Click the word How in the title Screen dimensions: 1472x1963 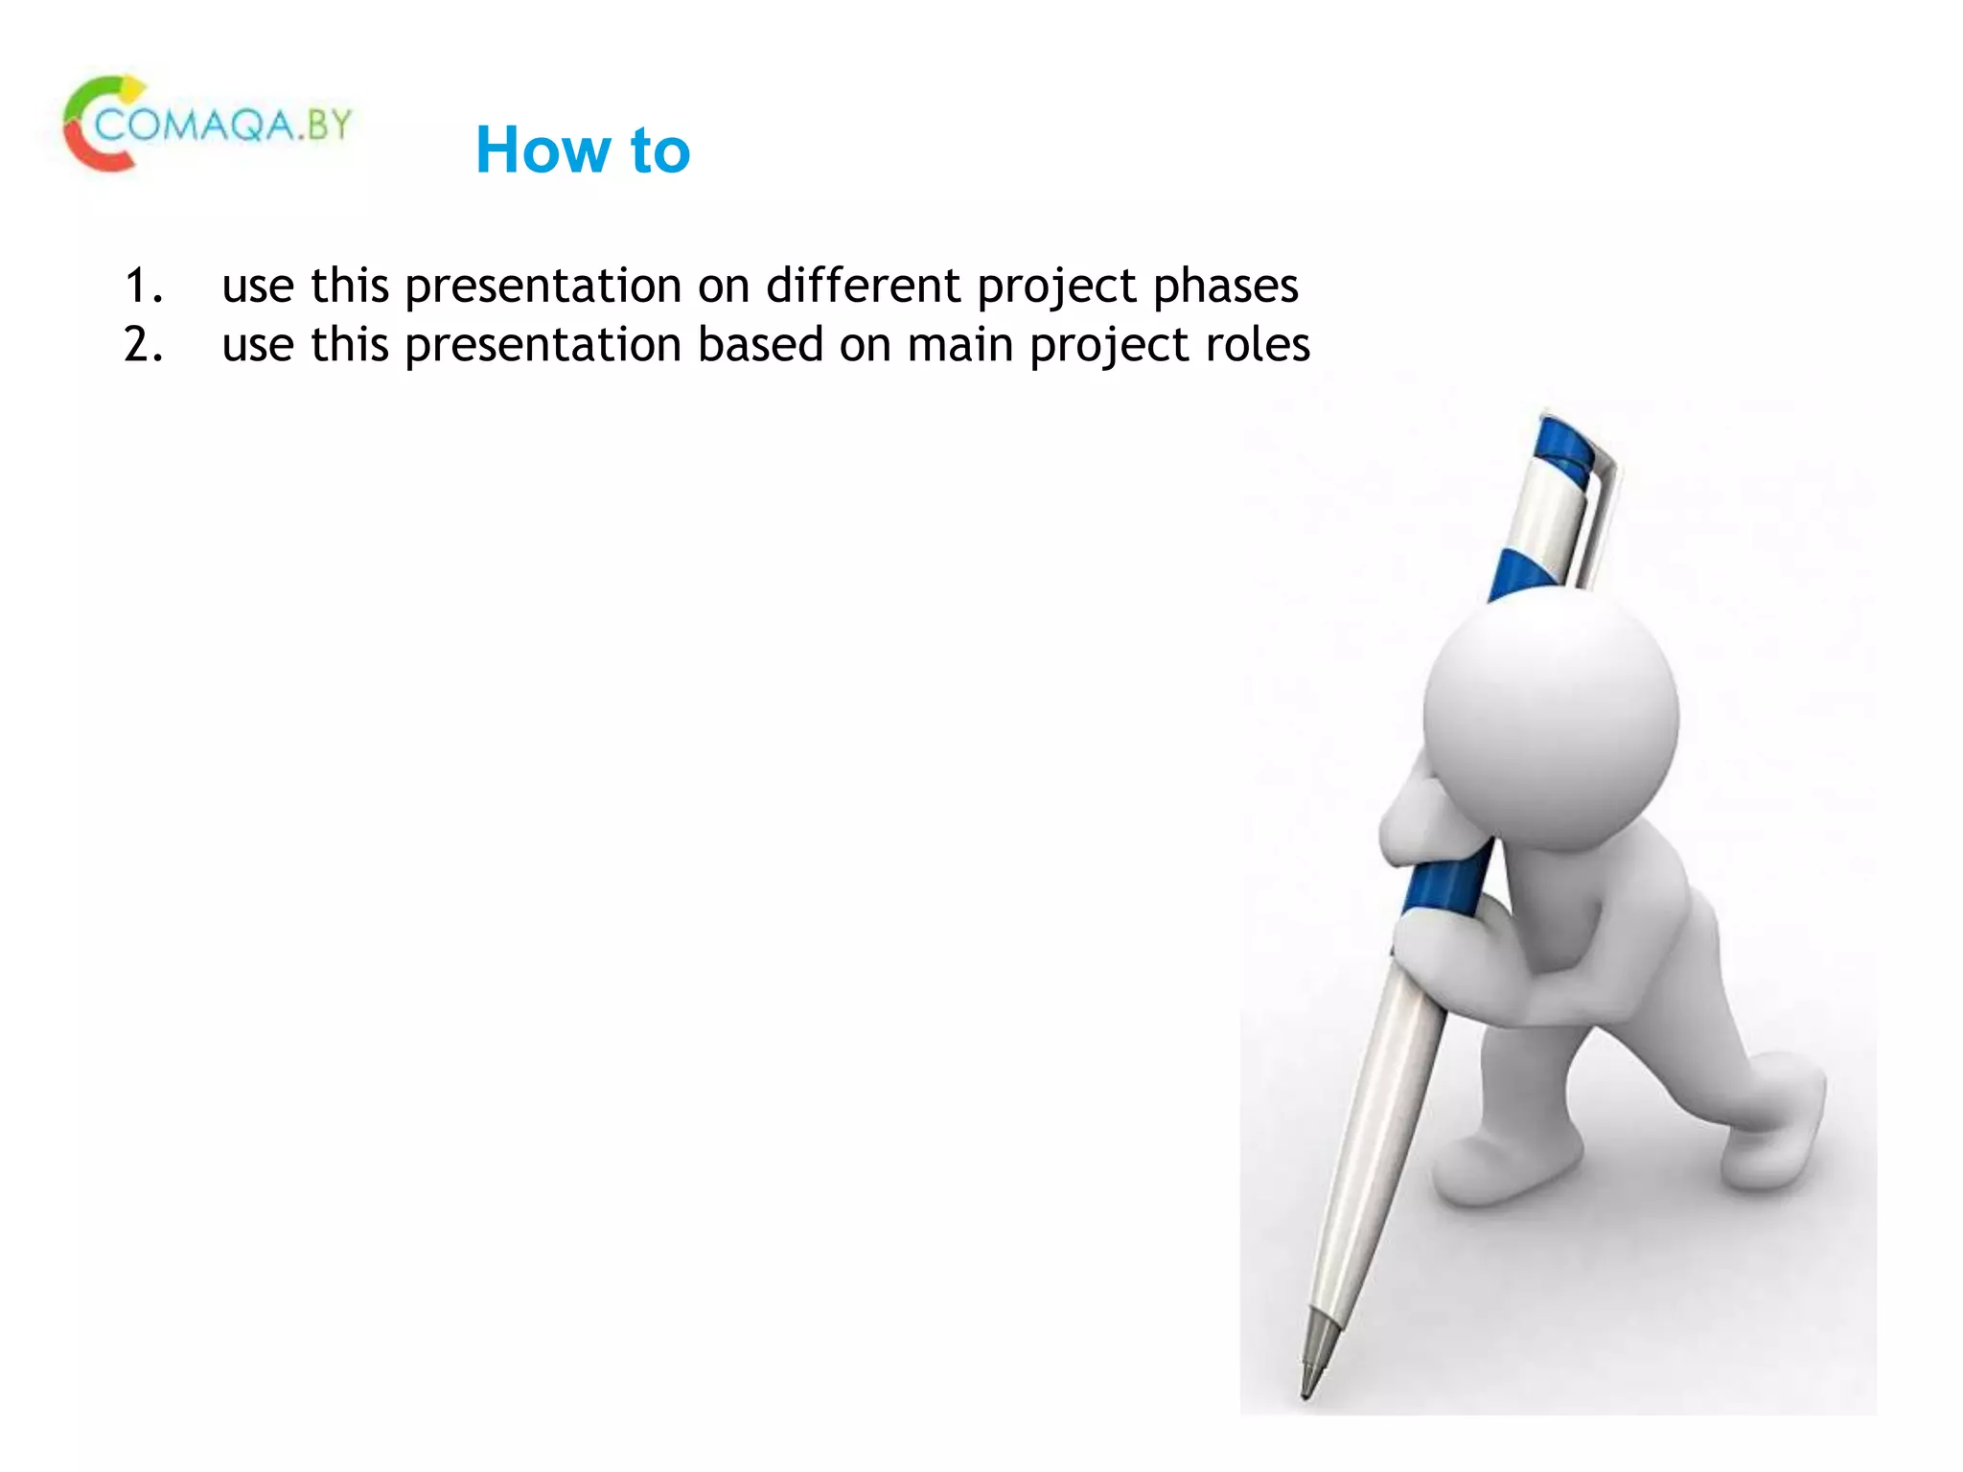point(543,150)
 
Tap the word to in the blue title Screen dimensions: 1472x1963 point(659,151)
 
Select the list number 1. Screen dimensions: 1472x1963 point(144,286)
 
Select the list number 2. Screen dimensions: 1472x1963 point(144,344)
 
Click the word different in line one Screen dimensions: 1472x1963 point(863,286)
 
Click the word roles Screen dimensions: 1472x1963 point(1257,344)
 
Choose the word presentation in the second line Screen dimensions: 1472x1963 point(543,346)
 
